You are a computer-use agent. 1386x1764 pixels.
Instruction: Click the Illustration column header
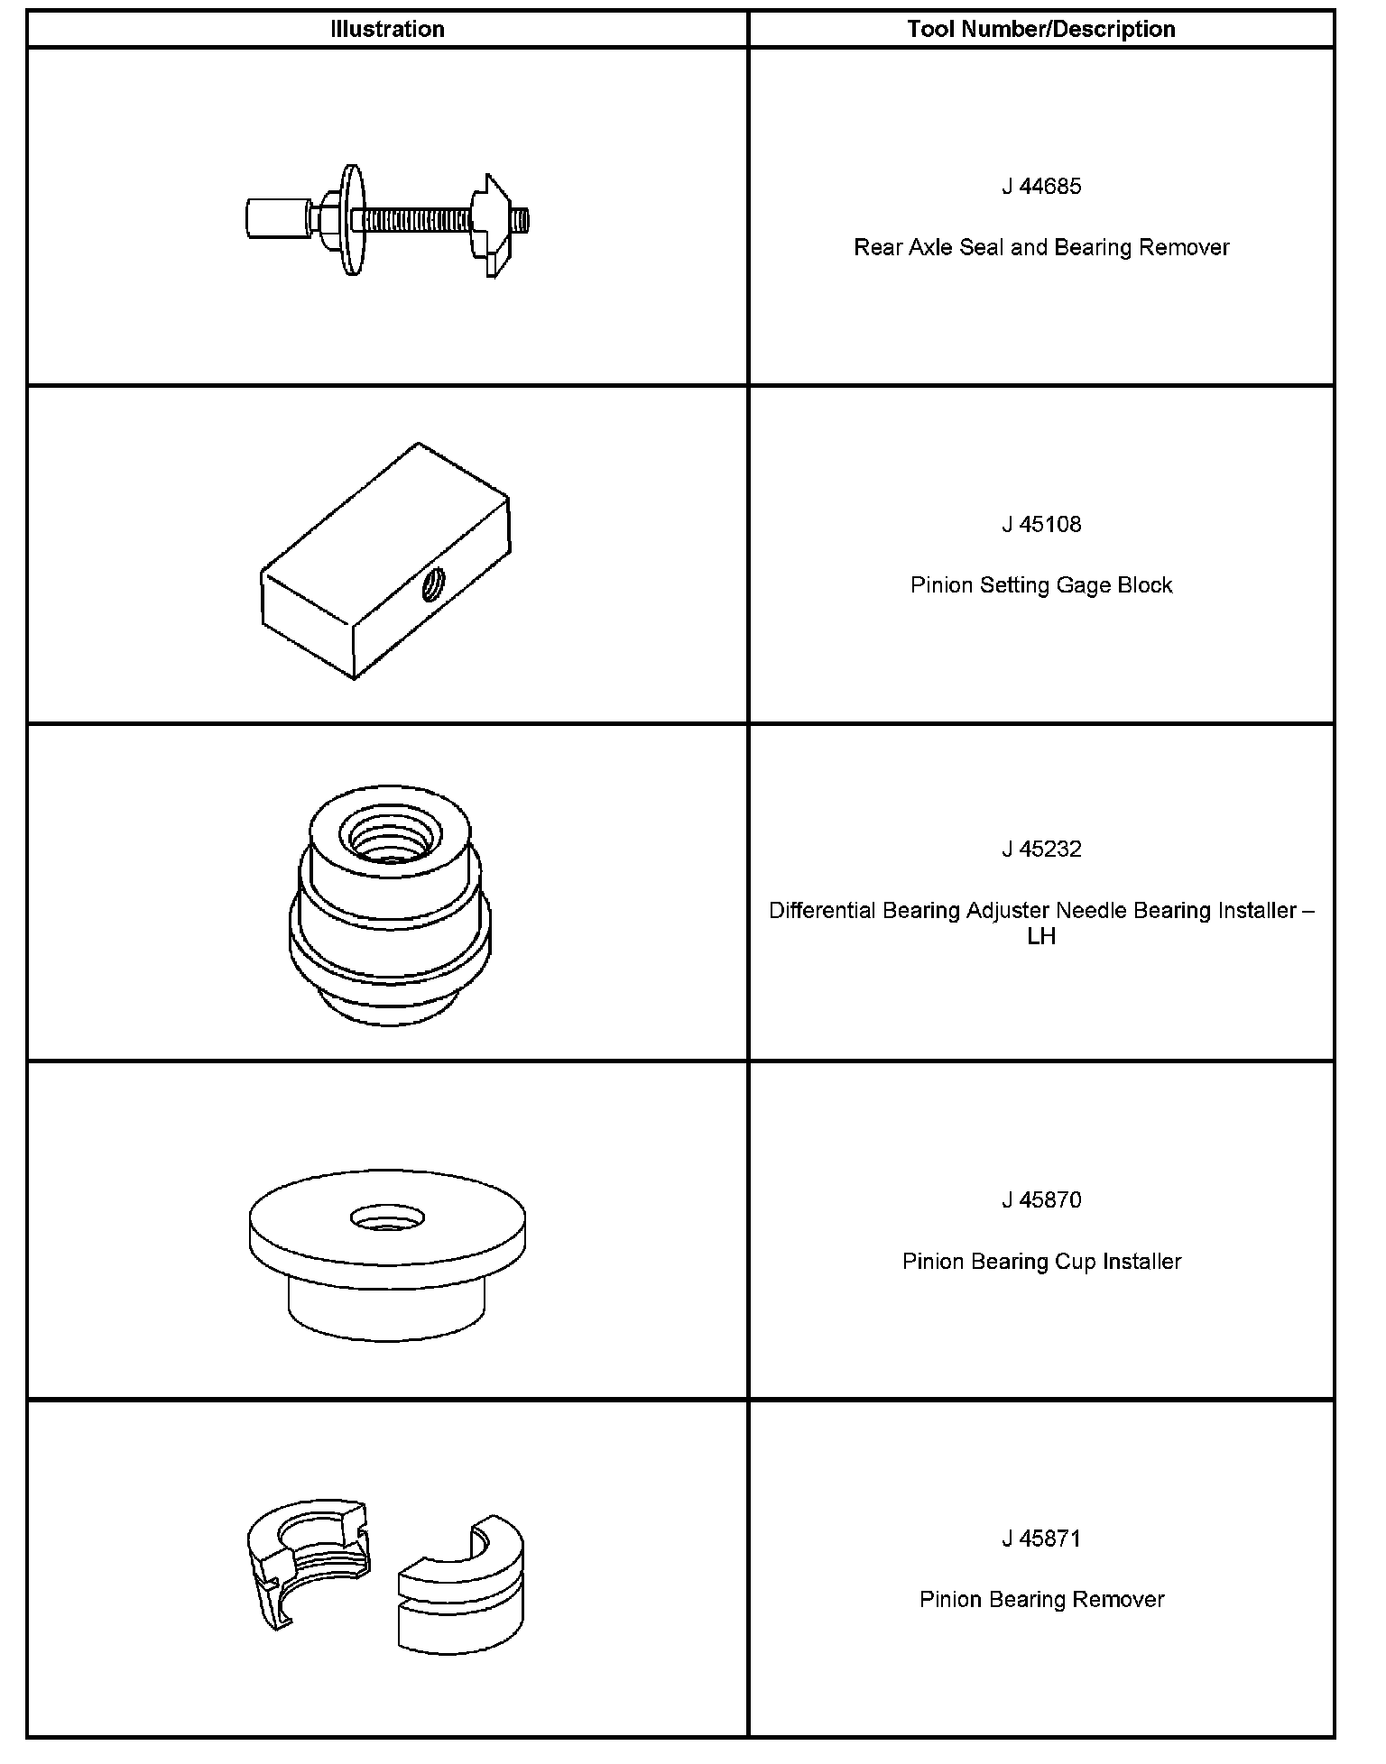[x=387, y=30]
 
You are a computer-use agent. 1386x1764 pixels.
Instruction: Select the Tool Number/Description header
[x=1040, y=30]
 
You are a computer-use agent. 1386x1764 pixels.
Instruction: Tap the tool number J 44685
[x=1040, y=187]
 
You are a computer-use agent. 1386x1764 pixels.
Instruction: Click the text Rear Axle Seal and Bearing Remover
[x=1040, y=248]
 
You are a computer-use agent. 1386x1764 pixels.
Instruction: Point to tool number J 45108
[x=1040, y=525]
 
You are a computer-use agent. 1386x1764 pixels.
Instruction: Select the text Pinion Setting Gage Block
[x=1040, y=586]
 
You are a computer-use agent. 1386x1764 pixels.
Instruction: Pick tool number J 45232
[x=1040, y=850]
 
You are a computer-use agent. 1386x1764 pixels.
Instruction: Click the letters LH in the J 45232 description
[x=1040, y=937]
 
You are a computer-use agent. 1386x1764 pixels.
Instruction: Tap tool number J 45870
[x=1040, y=1200]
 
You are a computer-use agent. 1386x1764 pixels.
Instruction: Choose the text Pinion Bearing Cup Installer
[x=1040, y=1262]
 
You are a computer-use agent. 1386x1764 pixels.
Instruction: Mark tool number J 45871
[x=1040, y=1539]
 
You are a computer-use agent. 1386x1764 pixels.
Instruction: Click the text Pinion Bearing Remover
[x=1040, y=1600]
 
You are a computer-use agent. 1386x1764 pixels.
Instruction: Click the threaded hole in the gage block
[x=432, y=585]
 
